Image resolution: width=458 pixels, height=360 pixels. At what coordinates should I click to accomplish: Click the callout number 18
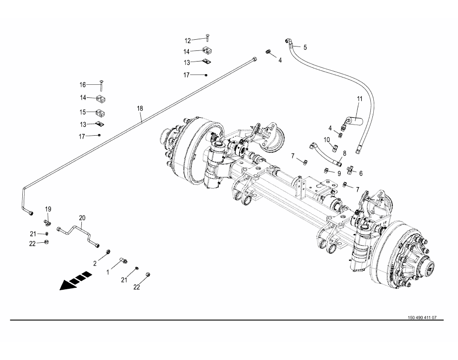pyautogui.click(x=140, y=109)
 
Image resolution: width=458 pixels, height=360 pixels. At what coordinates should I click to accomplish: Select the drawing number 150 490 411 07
pyautogui.click(x=422, y=318)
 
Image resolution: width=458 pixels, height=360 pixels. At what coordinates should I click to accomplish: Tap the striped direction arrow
pyautogui.click(x=76, y=281)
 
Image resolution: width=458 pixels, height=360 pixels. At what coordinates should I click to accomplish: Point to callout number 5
pyautogui.click(x=305, y=47)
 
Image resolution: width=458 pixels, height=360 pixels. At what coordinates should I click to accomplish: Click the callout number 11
pyautogui.click(x=360, y=99)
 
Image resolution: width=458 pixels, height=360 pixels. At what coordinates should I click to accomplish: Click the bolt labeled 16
pyautogui.click(x=101, y=85)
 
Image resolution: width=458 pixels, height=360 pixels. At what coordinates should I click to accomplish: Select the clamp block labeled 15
pyautogui.click(x=100, y=112)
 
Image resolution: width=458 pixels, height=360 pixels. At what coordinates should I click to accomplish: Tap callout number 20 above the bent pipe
pyautogui.click(x=82, y=218)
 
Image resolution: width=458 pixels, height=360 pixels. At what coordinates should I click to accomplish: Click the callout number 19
pyautogui.click(x=48, y=209)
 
